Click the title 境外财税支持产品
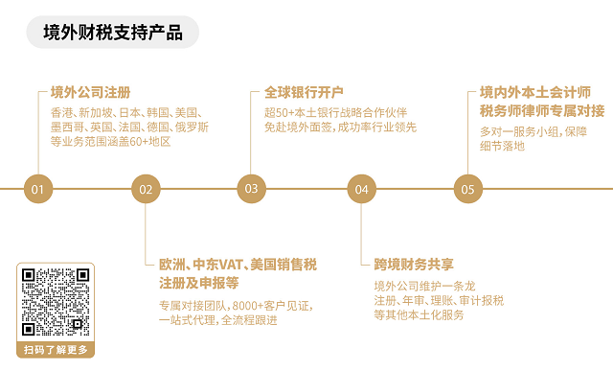pyautogui.click(x=113, y=33)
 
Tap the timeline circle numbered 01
pyautogui.click(x=37, y=189)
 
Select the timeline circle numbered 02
pyautogui.click(x=146, y=189)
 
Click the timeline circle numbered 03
pyautogui.click(x=251, y=189)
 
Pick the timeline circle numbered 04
pyautogui.click(x=361, y=189)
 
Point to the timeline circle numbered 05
pyautogui.click(x=467, y=189)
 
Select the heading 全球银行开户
pyautogui.click(x=304, y=93)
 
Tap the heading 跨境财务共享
pyautogui.click(x=414, y=264)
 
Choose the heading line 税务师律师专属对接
pyautogui.click(x=542, y=110)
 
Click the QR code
pyautogui.click(x=56, y=301)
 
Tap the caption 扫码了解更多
pyautogui.click(x=56, y=350)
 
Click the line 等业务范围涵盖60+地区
pyautogui.click(x=110, y=141)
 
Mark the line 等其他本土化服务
pyautogui.click(x=419, y=314)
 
